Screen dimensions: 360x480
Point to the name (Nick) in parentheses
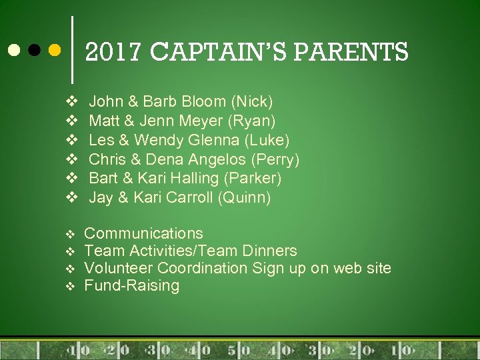(x=252, y=102)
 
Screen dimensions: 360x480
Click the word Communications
(x=143, y=233)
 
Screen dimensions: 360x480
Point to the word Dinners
(x=270, y=251)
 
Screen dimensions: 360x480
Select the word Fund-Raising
(x=131, y=285)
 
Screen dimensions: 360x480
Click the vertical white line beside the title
(x=72, y=50)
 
